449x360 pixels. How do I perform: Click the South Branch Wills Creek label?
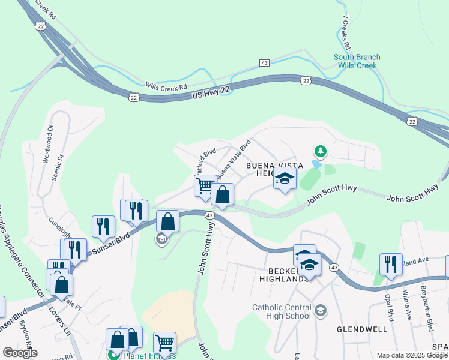pyautogui.click(x=357, y=61)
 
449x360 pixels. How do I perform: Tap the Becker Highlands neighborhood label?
pyautogui.click(x=284, y=274)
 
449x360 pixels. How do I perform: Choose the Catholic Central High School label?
pyautogui.click(x=282, y=311)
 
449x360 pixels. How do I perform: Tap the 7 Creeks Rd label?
pyautogui.click(x=346, y=33)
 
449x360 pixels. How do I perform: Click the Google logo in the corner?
pyautogui.click(x=20, y=353)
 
